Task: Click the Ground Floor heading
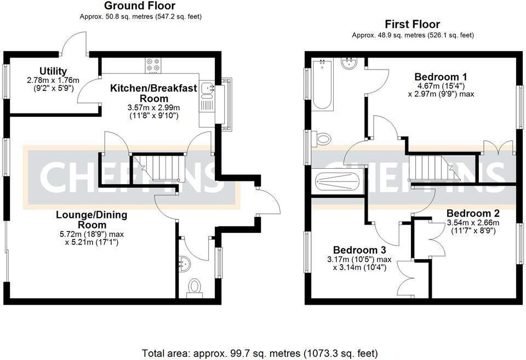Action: coord(140,6)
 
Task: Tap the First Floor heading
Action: coord(413,24)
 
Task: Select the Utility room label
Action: coord(53,71)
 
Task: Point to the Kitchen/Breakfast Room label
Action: coord(153,93)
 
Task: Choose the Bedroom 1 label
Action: coord(441,76)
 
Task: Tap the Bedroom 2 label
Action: coord(472,213)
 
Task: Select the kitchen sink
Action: coord(207,88)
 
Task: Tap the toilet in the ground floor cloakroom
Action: coord(194,287)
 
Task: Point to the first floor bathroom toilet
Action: coord(322,139)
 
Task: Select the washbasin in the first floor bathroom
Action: coord(349,64)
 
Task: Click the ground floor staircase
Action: coord(157,167)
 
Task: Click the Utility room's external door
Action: coord(75,44)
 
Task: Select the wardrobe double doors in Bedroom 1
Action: coord(498,148)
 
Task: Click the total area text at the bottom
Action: coord(260,353)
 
